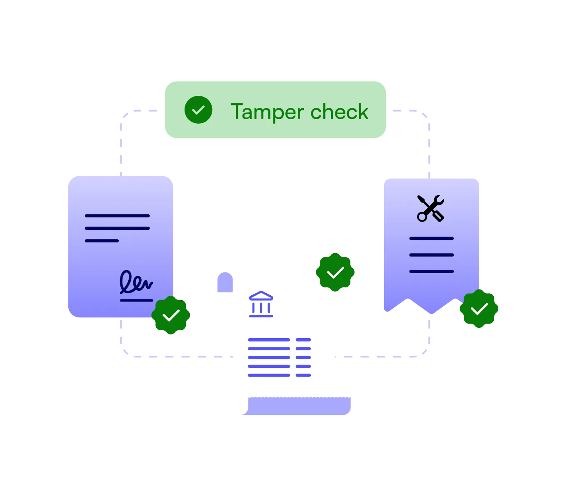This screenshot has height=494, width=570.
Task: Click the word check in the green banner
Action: click(339, 112)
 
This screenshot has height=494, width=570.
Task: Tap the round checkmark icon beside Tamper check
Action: click(198, 110)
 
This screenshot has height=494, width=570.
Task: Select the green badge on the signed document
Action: click(171, 315)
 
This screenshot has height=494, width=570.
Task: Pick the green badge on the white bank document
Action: click(335, 272)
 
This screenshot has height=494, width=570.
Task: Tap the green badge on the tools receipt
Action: click(479, 309)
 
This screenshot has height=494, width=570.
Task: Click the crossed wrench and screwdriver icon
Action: click(431, 208)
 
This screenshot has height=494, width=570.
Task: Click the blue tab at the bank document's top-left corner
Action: click(224, 283)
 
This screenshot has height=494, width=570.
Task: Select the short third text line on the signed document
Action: click(102, 241)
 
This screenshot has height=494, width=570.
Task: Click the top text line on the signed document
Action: click(117, 216)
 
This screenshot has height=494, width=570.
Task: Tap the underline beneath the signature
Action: click(136, 300)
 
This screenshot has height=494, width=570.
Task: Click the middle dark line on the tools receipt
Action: click(431, 255)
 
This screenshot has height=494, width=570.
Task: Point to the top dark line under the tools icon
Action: click(431, 238)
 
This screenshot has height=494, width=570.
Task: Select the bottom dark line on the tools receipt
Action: click(431, 272)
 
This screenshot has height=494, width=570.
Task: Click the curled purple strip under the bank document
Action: click(300, 406)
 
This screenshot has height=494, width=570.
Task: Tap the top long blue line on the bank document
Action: click(269, 340)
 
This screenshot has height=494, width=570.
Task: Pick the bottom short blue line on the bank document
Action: click(303, 375)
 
